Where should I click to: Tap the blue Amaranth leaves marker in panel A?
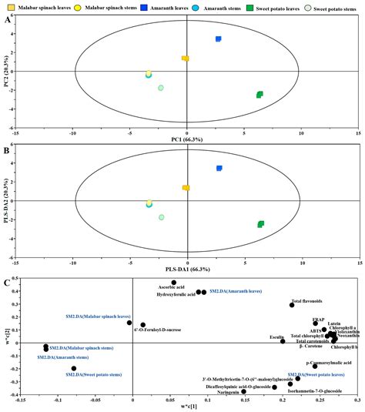[x=219, y=39]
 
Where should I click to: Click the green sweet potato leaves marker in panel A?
[x=260, y=95]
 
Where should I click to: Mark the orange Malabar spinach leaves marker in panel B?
[x=185, y=187]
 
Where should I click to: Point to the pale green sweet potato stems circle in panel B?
[x=161, y=217]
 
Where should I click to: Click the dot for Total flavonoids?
[x=291, y=305]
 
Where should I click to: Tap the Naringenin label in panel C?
[x=225, y=391]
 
